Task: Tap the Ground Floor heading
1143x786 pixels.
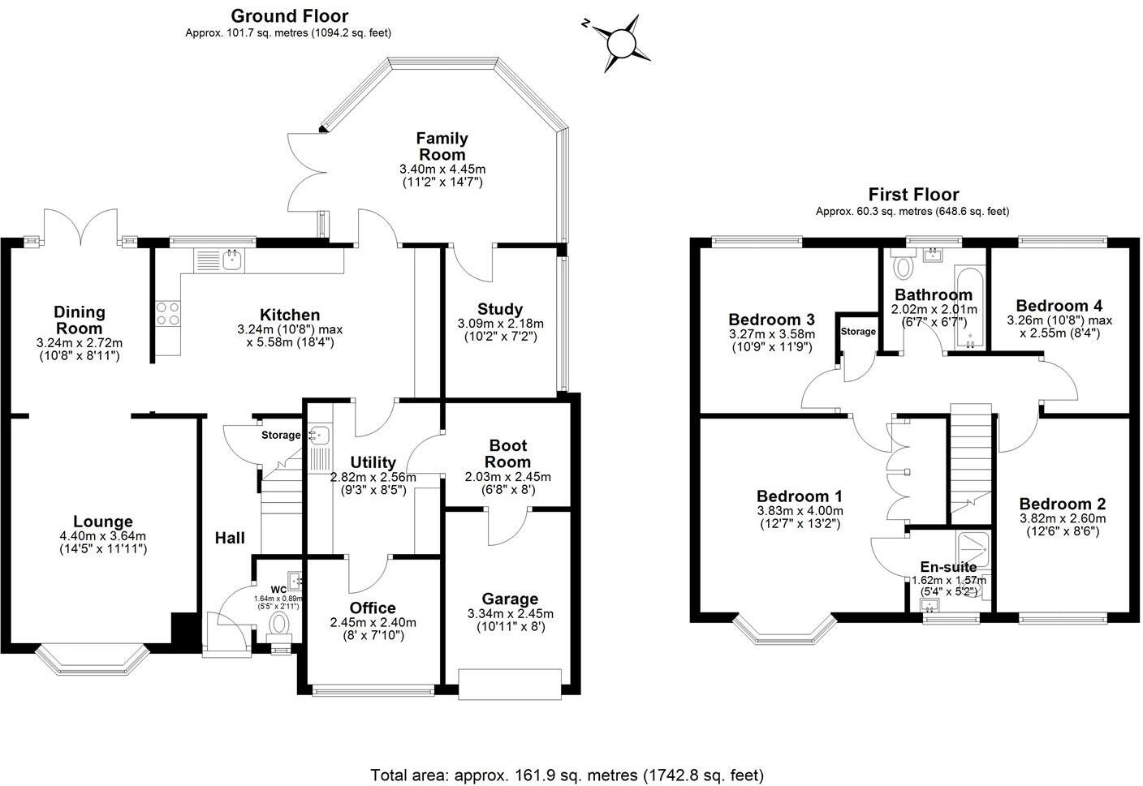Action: pyautogui.click(x=289, y=16)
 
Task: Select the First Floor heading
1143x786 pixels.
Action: pyautogui.click(x=913, y=195)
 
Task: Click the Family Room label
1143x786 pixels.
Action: pyautogui.click(x=442, y=147)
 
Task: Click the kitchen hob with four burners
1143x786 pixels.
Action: pyautogui.click(x=168, y=314)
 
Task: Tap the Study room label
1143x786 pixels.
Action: pyautogui.click(x=500, y=309)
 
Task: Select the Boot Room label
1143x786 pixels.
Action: pyautogui.click(x=508, y=453)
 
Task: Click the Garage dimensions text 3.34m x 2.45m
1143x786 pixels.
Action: pyautogui.click(x=510, y=614)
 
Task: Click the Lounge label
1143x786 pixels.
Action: pyautogui.click(x=102, y=522)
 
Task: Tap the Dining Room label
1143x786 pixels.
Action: pyautogui.click(x=80, y=320)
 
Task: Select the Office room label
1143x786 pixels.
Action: pyautogui.click(x=373, y=608)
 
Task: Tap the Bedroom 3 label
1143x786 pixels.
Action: pyautogui.click(x=771, y=319)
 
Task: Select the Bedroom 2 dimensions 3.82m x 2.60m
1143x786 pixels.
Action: pyautogui.click(x=1062, y=518)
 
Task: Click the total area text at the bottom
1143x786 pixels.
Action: pyautogui.click(x=567, y=775)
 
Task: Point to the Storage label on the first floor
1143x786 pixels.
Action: pyautogui.click(x=858, y=332)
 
